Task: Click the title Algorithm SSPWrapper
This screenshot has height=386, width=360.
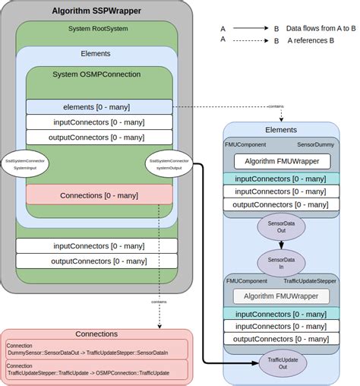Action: tap(97, 11)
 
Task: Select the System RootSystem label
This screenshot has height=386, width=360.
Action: tap(96, 28)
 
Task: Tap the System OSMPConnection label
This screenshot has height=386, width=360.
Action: tap(96, 74)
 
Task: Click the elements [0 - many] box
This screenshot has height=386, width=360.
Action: tap(99, 107)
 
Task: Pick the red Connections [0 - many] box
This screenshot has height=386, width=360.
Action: tap(99, 195)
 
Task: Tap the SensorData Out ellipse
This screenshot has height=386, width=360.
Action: tap(281, 227)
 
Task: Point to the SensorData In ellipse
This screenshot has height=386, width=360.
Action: tap(281, 263)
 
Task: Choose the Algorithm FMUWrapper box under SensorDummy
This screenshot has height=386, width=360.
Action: tap(281, 161)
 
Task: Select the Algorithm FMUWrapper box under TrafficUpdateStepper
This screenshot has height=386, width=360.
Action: tap(281, 296)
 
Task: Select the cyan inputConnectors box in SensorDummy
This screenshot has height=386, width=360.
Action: tap(281, 179)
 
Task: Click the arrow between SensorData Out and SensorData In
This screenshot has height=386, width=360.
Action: tap(281, 245)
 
